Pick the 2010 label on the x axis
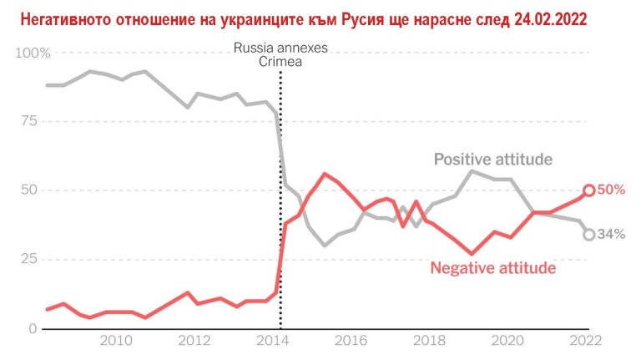pyautogui.click(x=116, y=340)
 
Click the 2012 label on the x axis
pyautogui.click(x=194, y=340)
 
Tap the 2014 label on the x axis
pyautogui.click(x=270, y=340)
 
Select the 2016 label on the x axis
pyautogui.click(x=351, y=340)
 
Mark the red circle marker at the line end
pyautogui.click(x=589, y=190)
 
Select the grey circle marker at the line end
pyautogui.click(x=589, y=235)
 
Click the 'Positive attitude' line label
pyautogui.click(x=492, y=160)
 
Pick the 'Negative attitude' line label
pyautogui.click(x=492, y=268)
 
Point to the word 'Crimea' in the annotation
pyautogui.click(x=280, y=62)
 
